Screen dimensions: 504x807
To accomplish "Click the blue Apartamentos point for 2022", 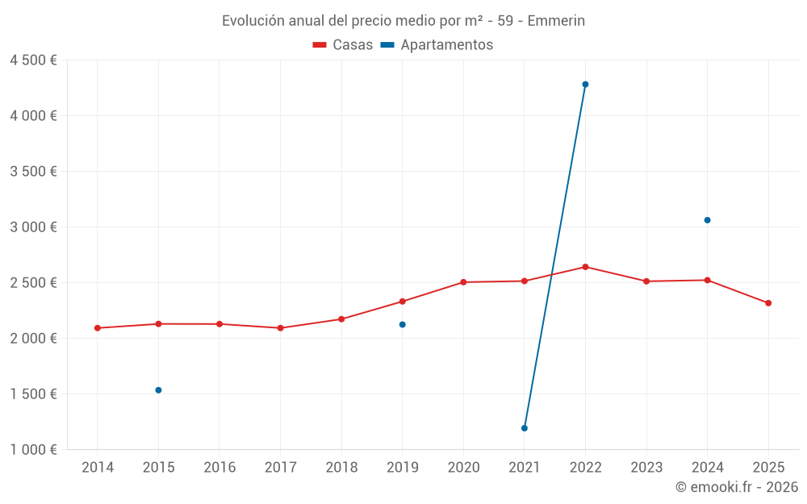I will pos(585,84).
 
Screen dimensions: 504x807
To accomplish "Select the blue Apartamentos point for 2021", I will pos(525,428).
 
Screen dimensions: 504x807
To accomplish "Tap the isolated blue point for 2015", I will pos(158,390).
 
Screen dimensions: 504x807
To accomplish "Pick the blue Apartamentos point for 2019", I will pos(403,324).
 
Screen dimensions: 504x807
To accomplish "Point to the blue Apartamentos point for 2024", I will pos(708,220).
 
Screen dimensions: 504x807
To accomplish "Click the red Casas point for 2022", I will pos(585,267).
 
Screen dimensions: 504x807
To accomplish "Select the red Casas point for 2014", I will pos(98,328).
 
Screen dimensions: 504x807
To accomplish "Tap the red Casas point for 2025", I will pos(768,303).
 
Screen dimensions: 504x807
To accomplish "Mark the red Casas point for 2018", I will pos(341,319).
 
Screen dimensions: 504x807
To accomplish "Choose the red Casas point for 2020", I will pos(463,282).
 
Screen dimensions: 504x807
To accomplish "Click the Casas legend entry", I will pos(344,45).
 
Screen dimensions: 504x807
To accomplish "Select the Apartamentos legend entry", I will pos(437,45).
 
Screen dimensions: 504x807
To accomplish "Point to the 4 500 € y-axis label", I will pos(33,60).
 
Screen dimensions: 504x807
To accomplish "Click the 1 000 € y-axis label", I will pos(33,450).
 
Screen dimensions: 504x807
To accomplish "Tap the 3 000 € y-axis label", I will pos(33,227).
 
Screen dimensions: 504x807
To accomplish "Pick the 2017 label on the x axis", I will pos(280,468).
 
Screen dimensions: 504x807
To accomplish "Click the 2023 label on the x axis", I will pos(646,468).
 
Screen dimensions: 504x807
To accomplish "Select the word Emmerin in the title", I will pos(556,21).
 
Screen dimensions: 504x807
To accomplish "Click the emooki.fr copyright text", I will pos(737,487).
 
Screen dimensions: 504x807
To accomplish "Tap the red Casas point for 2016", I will pos(220,324).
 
